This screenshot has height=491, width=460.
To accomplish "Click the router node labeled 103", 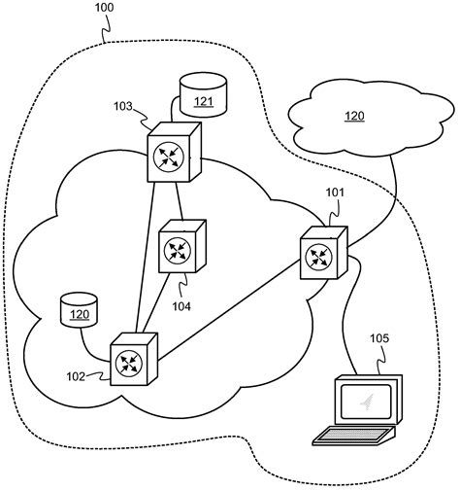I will tap(173, 154).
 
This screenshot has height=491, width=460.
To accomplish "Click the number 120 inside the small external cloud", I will tap(354, 116).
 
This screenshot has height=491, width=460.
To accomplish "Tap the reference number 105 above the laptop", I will tap(380, 339).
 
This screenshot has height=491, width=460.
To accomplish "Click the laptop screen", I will tap(368, 401).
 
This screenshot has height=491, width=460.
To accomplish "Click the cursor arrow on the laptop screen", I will tap(366, 400).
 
